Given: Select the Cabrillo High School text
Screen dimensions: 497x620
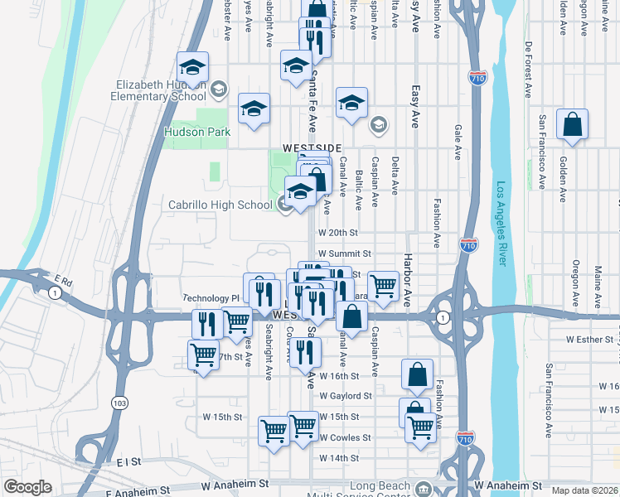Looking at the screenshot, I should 220,205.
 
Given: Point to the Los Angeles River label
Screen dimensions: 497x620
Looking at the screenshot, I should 500,224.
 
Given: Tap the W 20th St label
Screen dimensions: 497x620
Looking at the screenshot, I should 337,234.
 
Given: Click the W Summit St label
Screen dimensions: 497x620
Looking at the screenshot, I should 344,253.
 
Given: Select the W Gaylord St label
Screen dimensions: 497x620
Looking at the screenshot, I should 346,396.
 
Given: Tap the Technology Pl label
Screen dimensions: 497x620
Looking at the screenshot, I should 211,297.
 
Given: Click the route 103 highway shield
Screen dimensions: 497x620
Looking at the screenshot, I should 117,402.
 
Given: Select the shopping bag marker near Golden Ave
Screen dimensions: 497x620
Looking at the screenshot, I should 572,125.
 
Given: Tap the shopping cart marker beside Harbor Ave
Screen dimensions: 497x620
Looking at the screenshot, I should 382,287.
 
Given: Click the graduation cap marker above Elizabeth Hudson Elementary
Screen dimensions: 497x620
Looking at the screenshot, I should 192,67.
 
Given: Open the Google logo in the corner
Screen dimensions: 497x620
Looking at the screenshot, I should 27,487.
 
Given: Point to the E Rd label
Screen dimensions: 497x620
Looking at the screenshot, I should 64,282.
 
